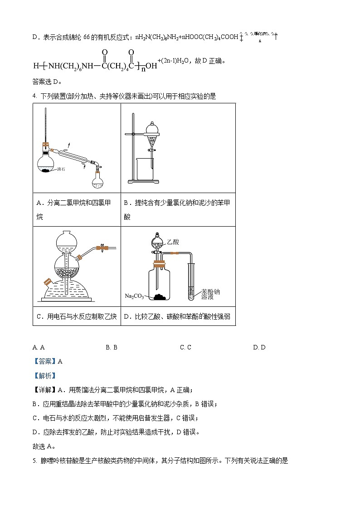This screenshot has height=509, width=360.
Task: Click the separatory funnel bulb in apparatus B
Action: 152,129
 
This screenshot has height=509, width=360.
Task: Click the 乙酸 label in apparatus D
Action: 173,243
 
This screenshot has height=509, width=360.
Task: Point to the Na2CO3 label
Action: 134,296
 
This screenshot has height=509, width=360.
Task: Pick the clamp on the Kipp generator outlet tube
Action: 103,247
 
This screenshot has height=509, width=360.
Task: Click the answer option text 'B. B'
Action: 112,347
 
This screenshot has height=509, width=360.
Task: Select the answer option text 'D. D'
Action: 259,347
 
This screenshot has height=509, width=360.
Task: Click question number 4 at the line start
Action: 34,96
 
